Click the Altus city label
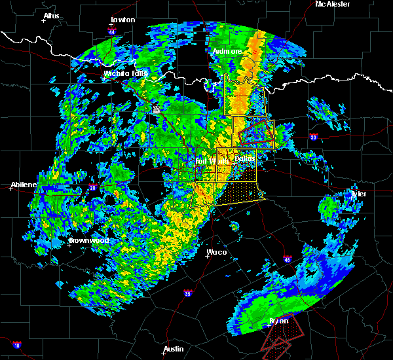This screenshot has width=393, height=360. (51, 16)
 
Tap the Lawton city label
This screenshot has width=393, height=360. (122, 20)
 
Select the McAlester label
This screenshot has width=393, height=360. (332, 4)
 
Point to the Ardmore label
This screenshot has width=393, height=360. (227, 51)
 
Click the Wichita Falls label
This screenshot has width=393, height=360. (124, 73)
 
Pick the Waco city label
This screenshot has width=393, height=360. (217, 251)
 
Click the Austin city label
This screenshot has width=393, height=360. (174, 349)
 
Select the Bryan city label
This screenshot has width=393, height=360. (279, 321)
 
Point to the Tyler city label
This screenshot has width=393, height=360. (359, 194)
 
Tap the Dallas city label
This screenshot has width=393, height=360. (245, 158)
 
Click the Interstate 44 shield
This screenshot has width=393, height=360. (112, 31)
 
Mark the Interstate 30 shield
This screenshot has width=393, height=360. (313, 137)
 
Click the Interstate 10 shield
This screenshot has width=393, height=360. (16, 345)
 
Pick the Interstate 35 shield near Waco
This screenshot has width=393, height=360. (187, 293)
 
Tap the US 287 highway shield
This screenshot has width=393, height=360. (156, 109)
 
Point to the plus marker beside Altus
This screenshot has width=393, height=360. (44, 21)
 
